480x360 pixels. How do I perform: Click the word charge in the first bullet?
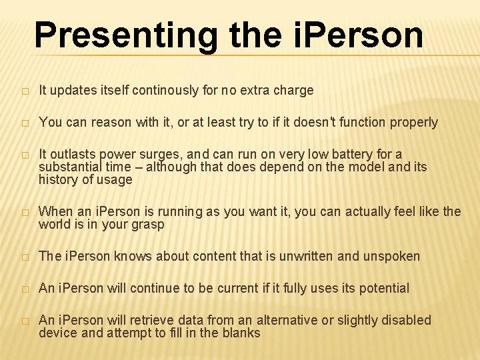(294, 90)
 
